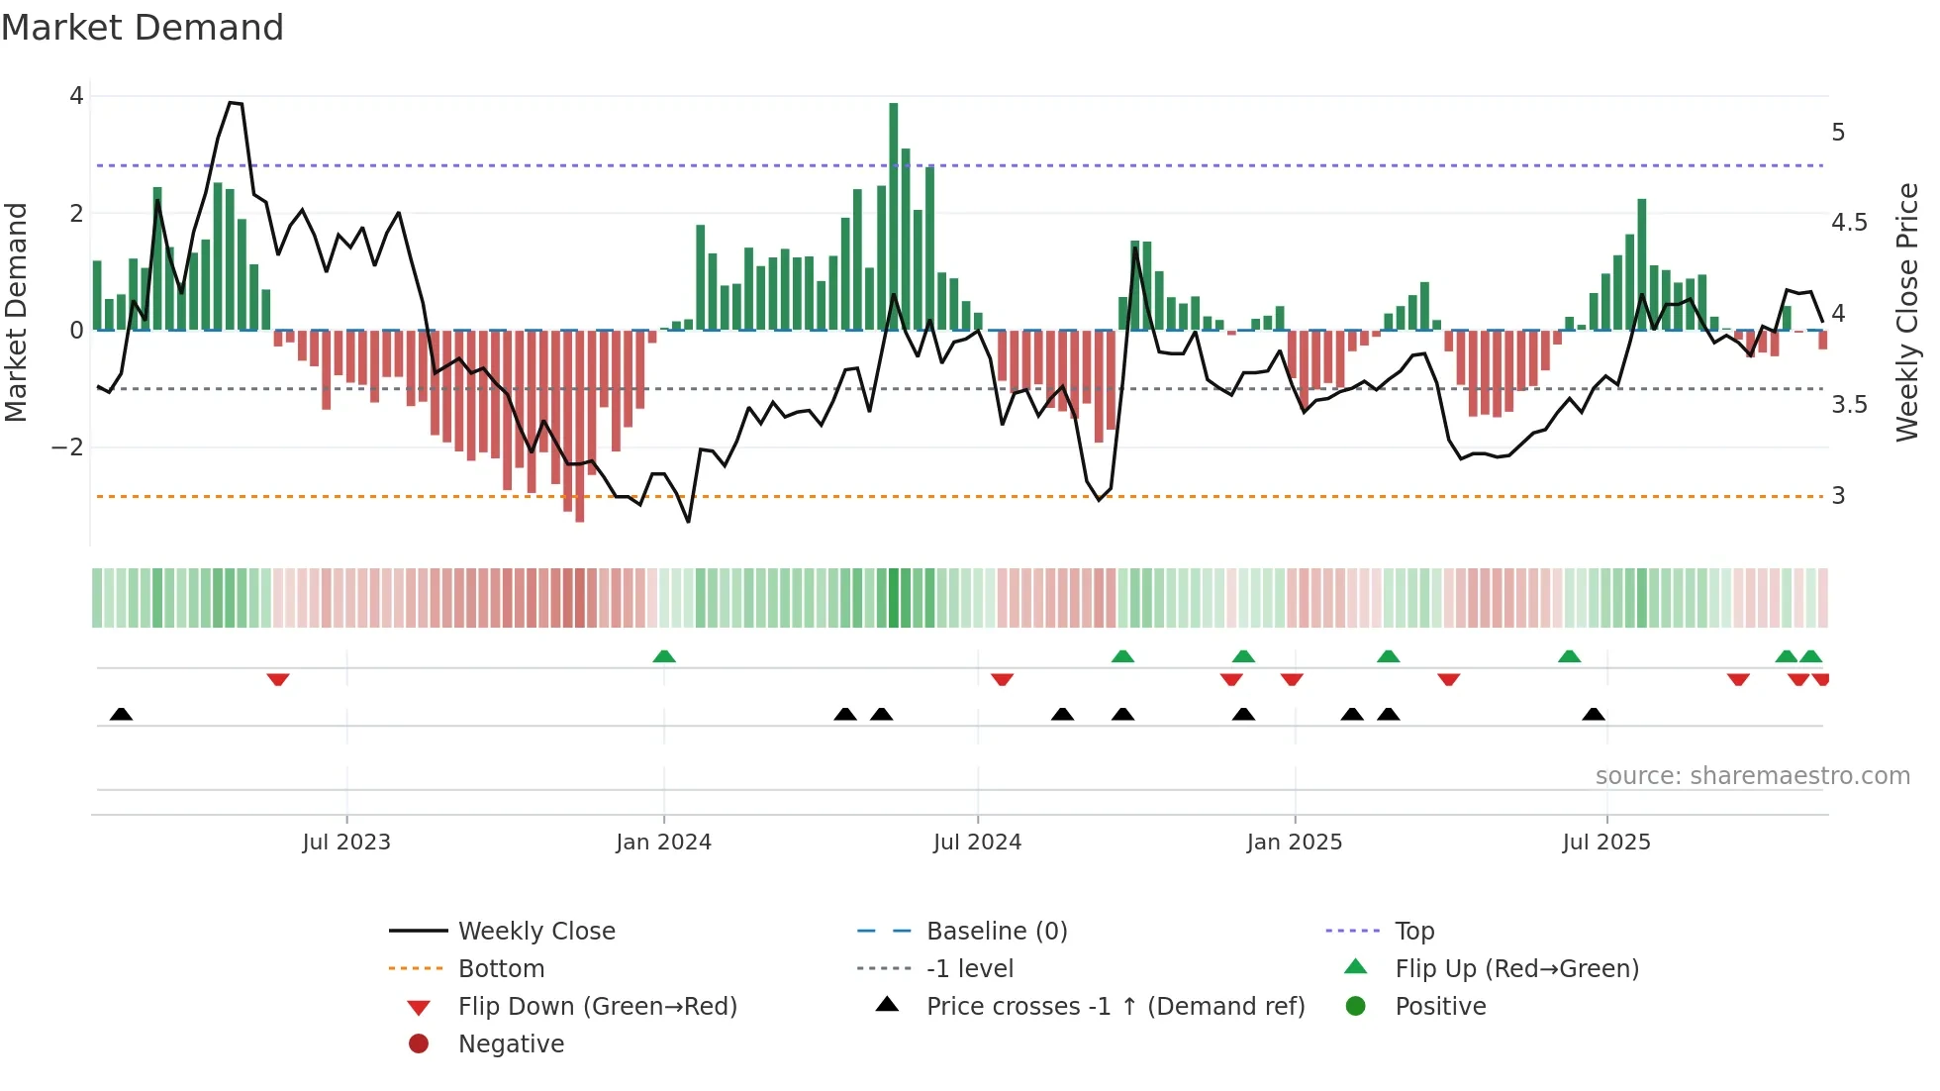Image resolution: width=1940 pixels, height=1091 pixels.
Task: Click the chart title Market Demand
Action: [143, 28]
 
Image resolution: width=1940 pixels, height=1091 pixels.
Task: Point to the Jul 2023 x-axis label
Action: [346, 843]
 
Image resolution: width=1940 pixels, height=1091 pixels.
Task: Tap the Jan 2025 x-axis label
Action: [1294, 843]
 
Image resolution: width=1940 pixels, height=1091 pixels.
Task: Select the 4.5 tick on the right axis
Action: [1849, 223]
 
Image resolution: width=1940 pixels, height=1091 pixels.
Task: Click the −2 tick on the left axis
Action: [67, 447]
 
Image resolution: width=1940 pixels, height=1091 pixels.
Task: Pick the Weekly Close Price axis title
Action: [1906, 312]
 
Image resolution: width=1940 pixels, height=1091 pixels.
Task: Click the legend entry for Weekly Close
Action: [535, 932]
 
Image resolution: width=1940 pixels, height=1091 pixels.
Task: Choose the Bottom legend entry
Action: [501, 969]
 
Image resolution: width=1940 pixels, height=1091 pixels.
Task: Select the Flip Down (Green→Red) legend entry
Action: [597, 1007]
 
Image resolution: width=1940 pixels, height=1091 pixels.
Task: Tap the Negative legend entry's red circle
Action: [419, 1044]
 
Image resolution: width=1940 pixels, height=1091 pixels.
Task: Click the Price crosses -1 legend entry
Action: [1115, 1007]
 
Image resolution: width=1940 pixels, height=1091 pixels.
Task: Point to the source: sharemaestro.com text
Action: [1752, 776]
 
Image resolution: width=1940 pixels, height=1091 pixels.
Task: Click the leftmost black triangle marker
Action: [121, 714]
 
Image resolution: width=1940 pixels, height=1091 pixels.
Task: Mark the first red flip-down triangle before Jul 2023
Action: [278, 679]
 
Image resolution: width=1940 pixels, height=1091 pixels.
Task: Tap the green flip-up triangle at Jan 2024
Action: [664, 656]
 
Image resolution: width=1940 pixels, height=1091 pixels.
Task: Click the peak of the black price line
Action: [231, 102]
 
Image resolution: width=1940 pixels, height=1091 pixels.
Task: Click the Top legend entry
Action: [1413, 932]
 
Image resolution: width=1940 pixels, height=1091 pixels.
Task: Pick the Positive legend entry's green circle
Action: [1356, 1007]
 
